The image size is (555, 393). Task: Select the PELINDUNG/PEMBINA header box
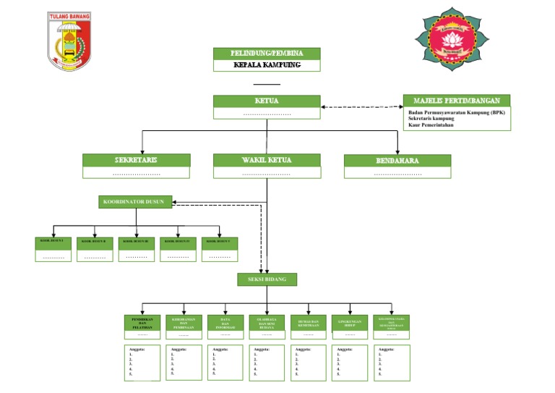(x=267, y=54)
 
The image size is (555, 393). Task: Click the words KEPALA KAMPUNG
(x=267, y=65)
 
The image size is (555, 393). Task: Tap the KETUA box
(x=267, y=101)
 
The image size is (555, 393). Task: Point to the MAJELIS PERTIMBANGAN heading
(x=457, y=101)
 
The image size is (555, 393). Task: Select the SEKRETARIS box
(x=137, y=160)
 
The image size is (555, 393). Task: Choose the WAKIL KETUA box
(x=267, y=160)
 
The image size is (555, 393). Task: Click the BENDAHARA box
(x=397, y=160)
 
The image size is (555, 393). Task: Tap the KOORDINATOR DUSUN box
(x=136, y=202)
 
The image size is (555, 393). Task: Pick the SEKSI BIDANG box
(x=267, y=279)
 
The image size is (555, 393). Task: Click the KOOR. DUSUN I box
(x=54, y=240)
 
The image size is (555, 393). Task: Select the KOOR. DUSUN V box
(x=220, y=240)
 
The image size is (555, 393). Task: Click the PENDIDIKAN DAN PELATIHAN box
(x=143, y=322)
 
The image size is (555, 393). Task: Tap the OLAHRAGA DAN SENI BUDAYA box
(x=267, y=322)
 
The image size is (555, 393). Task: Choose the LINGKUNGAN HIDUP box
(x=350, y=322)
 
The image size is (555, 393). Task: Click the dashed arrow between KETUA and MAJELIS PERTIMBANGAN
(x=361, y=107)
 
